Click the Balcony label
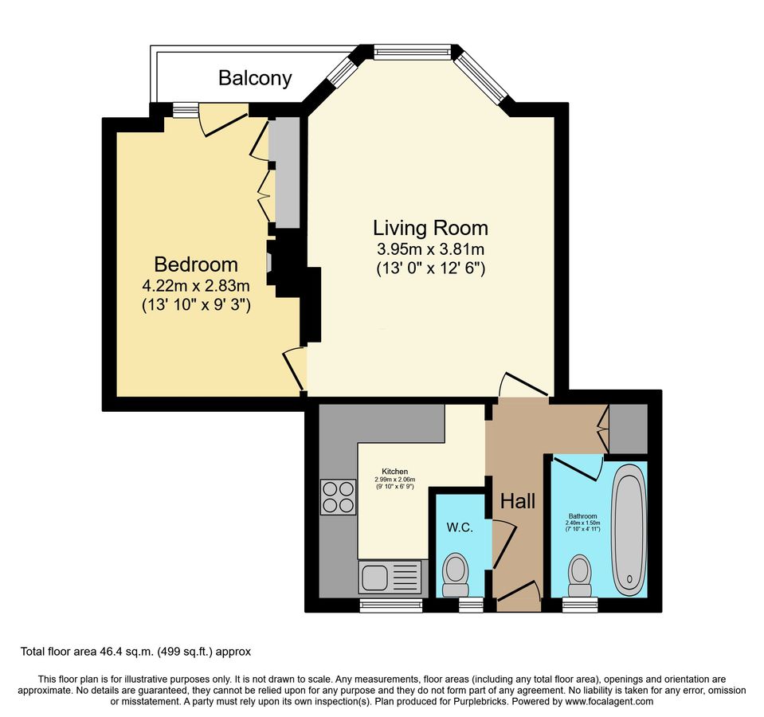pyautogui.click(x=255, y=78)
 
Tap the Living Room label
pyautogui.click(x=430, y=228)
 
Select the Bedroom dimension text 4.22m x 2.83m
pyautogui.click(x=196, y=285)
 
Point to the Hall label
pyautogui.click(x=518, y=501)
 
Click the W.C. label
pyautogui.click(x=460, y=527)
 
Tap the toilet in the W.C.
pyautogui.click(x=456, y=574)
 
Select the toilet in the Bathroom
pyautogui.click(x=580, y=575)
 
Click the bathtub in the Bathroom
pyautogui.click(x=629, y=530)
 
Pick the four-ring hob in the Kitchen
pyautogui.click(x=338, y=497)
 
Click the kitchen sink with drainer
pyautogui.click(x=390, y=578)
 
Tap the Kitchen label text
pyautogui.click(x=394, y=471)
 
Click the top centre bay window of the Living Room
pyautogui.click(x=411, y=51)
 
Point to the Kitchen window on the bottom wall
pyautogui.click(x=391, y=605)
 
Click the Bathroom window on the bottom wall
pyautogui.click(x=580, y=605)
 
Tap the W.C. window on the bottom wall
pyautogui.click(x=471, y=605)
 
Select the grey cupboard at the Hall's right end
pyautogui.click(x=629, y=429)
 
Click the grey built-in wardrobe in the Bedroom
pyautogui.click(x=284, y=172)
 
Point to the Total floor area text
pyautogui.click(x=135, y=651)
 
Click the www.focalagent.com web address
pyautogui.click(x=609, y=701)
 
